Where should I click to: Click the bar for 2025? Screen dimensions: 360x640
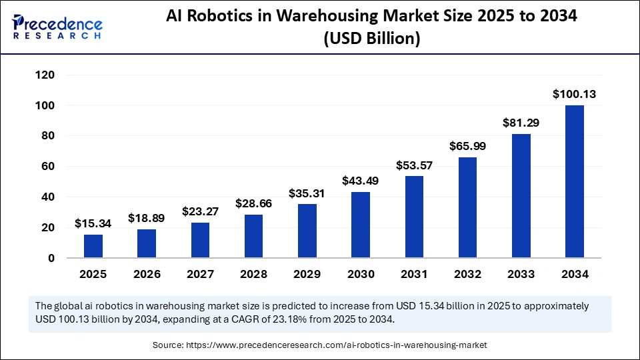tap(93, 246)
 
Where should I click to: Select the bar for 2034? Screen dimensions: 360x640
tap(574, 181)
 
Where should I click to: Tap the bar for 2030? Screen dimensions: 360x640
tap(360, 225)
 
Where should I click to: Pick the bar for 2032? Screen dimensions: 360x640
tap(467, 207)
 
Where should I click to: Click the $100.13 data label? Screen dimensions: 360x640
tap(574, 95)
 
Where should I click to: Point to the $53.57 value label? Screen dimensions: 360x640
tap(413, 165)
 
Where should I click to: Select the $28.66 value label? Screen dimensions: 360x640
tap(253, 203)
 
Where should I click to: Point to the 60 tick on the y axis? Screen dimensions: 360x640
tap(47, 167)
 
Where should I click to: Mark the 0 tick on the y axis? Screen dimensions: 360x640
tap(51, 258)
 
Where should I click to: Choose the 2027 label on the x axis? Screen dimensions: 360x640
tap(200, 275)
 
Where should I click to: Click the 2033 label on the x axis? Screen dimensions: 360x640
tap(521, 275)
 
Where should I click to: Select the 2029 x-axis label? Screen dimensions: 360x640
tap(307, 275)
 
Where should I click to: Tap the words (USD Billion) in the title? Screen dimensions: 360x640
tap(371, 39)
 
